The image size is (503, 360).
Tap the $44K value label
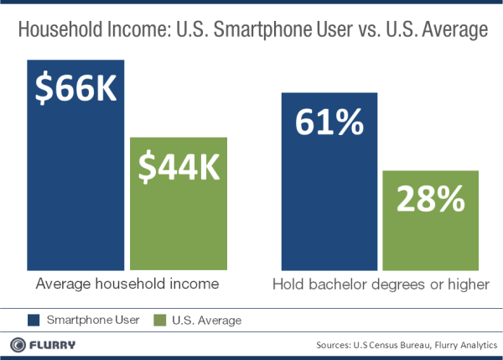coord(178,167)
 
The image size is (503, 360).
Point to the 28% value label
coord(430,200)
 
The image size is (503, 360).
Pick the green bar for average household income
coord(178,227)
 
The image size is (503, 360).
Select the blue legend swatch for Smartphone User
coord(34,318)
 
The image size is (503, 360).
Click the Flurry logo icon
coord(19,343)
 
